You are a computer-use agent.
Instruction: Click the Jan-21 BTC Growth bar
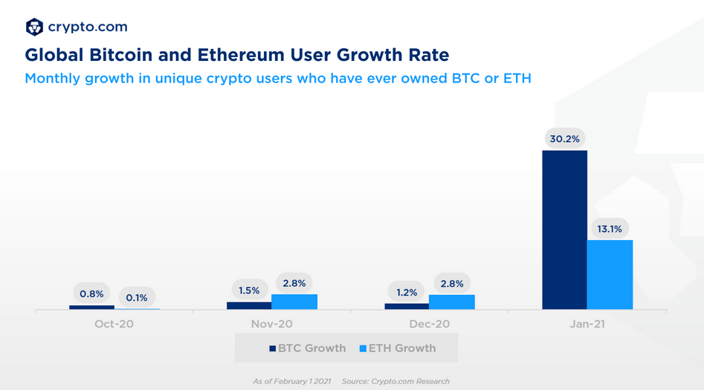564,230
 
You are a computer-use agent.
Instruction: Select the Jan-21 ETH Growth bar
610,274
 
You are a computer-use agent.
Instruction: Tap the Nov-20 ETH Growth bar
294,302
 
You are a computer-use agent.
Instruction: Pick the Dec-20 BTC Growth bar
407,306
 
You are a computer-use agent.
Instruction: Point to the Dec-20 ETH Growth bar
452,302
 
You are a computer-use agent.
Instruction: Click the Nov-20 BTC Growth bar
249,305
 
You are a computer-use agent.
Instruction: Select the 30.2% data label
564,139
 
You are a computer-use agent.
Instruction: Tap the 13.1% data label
610,229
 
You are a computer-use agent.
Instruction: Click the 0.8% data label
91,293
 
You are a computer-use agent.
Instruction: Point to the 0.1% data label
137,298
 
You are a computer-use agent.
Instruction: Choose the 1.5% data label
249,289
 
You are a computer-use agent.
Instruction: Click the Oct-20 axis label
114,325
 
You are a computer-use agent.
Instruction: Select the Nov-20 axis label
271,325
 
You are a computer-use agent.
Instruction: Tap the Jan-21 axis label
587,325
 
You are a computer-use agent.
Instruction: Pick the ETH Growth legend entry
397,348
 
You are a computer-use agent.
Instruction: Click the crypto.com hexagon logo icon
34,27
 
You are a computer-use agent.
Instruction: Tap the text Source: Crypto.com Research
395,381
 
